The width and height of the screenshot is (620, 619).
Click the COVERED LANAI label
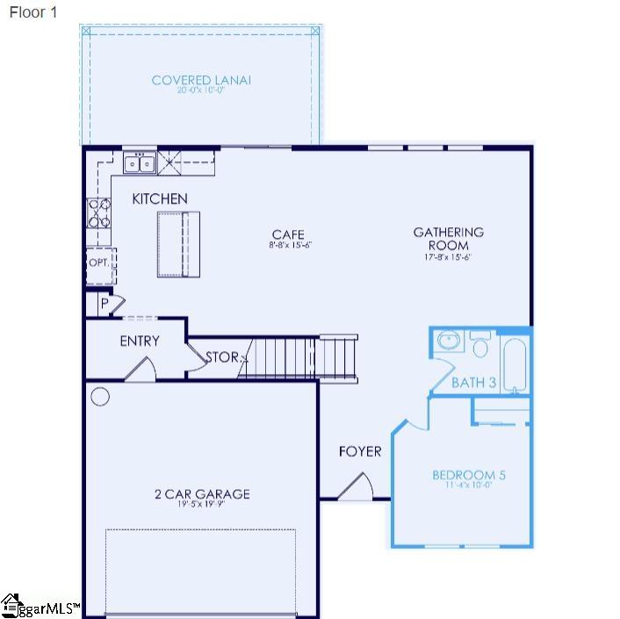[201, 80]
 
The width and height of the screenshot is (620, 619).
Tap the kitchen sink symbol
[140, 162]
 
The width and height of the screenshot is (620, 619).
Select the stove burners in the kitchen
[98, 212]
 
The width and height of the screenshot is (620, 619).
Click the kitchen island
[178, 244]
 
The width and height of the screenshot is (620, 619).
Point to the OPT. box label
[98, 263]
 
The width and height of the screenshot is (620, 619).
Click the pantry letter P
[105, 303]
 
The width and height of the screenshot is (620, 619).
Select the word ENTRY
[140, 341]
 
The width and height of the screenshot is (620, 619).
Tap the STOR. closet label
[222, 357]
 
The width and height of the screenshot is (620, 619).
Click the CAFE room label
[288, 234]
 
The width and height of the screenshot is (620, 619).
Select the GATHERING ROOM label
[448, 239]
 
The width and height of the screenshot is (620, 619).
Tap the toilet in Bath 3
[479, 343]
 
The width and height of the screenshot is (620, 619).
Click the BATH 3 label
[474, 383]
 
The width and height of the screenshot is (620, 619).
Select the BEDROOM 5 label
[469, 476]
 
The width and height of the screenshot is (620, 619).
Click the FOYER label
[360, 451]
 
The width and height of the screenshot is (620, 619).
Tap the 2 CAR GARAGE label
[201, 493]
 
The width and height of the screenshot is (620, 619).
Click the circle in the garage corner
[100, 397]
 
